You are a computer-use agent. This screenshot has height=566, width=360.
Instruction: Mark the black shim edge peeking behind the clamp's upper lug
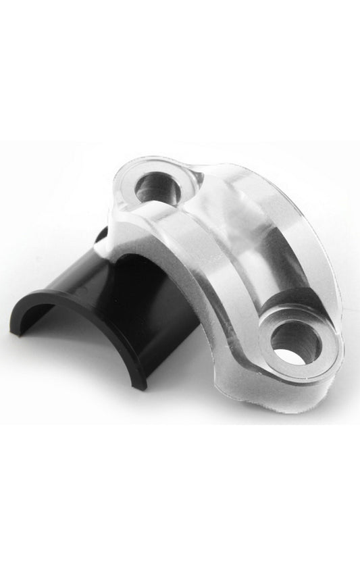click(101, 237)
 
